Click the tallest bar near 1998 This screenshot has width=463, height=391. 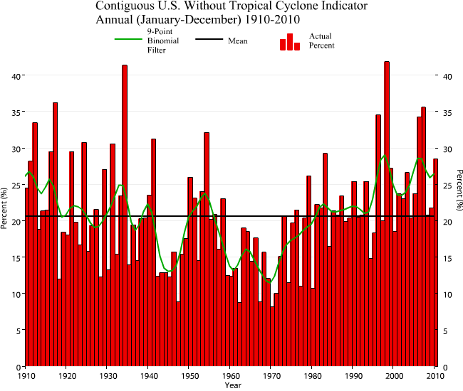(387, 213)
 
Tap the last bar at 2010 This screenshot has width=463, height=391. (435, 262)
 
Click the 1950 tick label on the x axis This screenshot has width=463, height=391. (189, 375)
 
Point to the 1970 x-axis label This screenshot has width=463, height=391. (271, 375)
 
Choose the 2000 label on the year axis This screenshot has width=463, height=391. (395, 375)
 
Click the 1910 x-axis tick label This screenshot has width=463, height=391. (26, 375)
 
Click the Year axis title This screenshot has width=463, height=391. (232, 385)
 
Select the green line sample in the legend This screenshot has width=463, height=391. (129, 41)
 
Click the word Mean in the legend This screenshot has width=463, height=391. (237, 41)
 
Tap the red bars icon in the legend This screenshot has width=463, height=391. (290, 42)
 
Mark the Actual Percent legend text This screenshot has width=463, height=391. (321, 41)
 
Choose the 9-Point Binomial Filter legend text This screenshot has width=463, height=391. (163, 41)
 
